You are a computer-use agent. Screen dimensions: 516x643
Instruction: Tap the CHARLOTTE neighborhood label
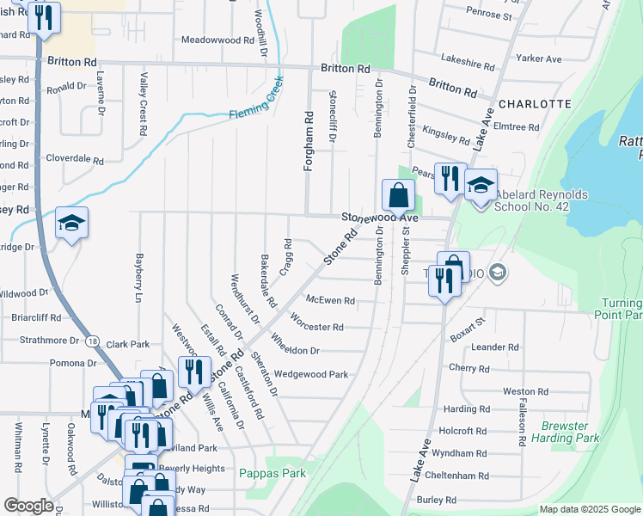[535, 104]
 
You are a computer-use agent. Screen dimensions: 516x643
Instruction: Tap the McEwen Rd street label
[331, 300]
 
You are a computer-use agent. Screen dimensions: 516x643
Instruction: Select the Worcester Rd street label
[317, 327]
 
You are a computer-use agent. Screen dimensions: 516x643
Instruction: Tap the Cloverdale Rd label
[74, 160]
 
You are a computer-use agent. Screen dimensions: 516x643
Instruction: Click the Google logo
[28, 506]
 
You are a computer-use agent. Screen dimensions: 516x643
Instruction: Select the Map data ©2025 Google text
[589, 509]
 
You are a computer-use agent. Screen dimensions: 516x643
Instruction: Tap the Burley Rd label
[438, 500]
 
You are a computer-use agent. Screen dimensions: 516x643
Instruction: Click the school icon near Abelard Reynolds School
[481, 184]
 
